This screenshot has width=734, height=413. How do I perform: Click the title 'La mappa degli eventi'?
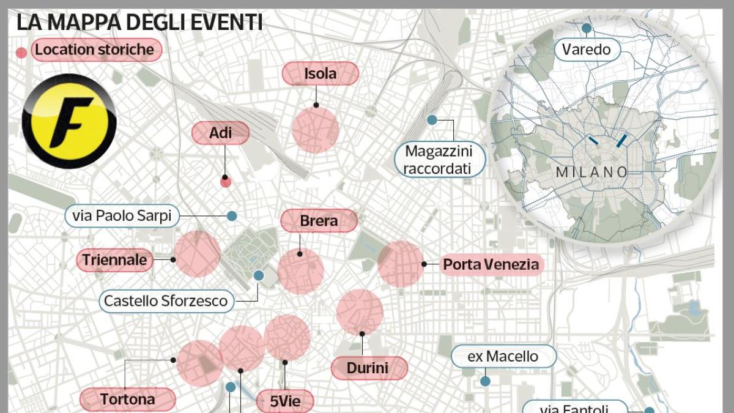tap(139, 22)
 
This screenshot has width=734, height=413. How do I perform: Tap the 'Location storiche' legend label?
tap(95, 50)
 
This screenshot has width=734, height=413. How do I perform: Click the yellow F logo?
tap(69, 121)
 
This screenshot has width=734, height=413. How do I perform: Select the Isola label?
tap(320, 74)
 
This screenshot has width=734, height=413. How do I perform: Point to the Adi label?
tap(220, 133)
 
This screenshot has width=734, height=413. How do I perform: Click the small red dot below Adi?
tap(226, 181)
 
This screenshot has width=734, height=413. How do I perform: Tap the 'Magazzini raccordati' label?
tap(440, 159)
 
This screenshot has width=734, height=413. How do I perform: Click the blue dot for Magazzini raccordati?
tap(432, 120)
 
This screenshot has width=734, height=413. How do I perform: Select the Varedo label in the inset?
tap(587, 49)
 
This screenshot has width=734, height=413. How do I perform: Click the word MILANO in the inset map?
tap(591, 173)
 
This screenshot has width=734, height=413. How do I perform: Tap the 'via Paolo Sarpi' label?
tap(122, 215)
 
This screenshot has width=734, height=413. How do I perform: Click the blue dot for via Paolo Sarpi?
tap(231, 215)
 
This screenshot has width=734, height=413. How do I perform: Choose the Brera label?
tap(319, 221)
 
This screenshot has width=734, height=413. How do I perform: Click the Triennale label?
tap(115, 260)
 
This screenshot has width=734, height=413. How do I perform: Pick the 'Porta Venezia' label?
tap(491, 264)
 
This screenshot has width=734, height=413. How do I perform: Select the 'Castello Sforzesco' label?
tap(166, 300)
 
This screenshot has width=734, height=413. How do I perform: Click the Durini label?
tap(368, 368)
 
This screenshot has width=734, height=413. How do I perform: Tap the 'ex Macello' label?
tap(503, 356)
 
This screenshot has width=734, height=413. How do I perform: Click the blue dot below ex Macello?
tap(485, 381)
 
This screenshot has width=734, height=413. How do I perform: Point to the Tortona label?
tap(127, 400)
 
